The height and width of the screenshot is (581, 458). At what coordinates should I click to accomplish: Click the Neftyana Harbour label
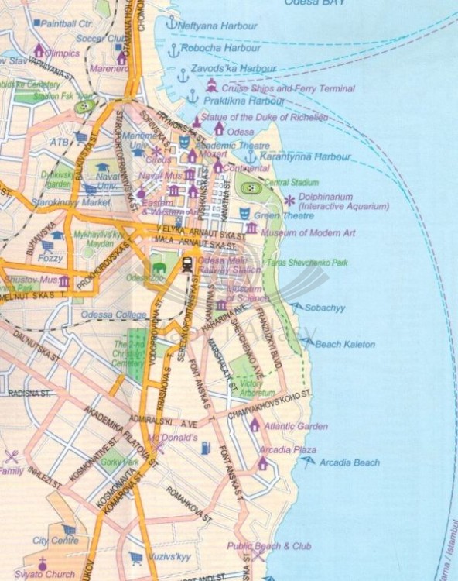click(x=217, y=26)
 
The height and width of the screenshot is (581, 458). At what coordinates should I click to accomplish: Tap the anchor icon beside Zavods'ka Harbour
click(x=183, y=75)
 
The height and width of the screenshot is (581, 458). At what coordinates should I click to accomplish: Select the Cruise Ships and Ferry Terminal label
click(x=288, y=89)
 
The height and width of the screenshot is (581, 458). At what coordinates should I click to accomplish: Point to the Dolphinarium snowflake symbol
click(x=289, y=201)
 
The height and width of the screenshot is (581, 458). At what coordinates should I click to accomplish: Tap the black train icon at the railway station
click(x=187, y=263)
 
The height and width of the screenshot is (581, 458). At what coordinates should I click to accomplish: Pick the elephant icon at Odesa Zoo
click(x=159, y=267)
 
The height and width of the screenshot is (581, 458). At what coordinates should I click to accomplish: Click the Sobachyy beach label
click(x=325, y=308)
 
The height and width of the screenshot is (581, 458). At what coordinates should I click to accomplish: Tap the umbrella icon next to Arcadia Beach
click(x=309, y=462)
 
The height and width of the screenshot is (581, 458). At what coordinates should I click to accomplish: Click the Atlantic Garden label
click(x=296, y=426)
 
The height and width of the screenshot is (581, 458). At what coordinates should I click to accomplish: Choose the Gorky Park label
click(x=119, y=462)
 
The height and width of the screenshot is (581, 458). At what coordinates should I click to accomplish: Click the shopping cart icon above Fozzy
click(x=48, y=246)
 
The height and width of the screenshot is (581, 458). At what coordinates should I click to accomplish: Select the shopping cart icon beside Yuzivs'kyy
click(x=136, y=556)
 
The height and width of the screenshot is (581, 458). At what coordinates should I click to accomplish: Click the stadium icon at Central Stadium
click(x=248, y=187)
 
